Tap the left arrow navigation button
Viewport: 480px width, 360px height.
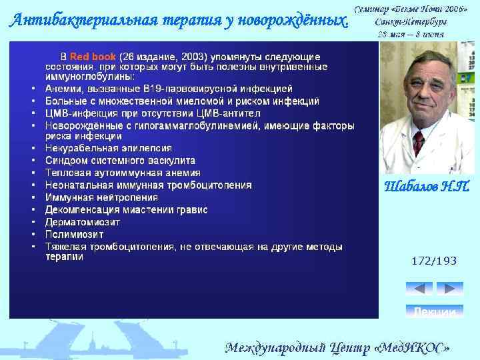coord(419,289)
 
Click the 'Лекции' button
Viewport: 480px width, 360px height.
coord(434,311)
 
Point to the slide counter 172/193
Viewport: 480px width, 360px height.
coord(434,261)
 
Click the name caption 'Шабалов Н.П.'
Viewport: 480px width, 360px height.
coord(427,187)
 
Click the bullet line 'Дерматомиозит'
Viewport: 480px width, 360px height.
coord(83,222)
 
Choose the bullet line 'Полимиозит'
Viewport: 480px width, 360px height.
coord(74,235)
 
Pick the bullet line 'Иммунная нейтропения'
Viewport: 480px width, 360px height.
coord(101,197)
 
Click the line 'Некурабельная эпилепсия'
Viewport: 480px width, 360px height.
coord(108,148)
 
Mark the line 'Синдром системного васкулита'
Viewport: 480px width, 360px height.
coord(120,161)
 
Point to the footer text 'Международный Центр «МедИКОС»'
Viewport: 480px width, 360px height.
coord(337,347)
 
